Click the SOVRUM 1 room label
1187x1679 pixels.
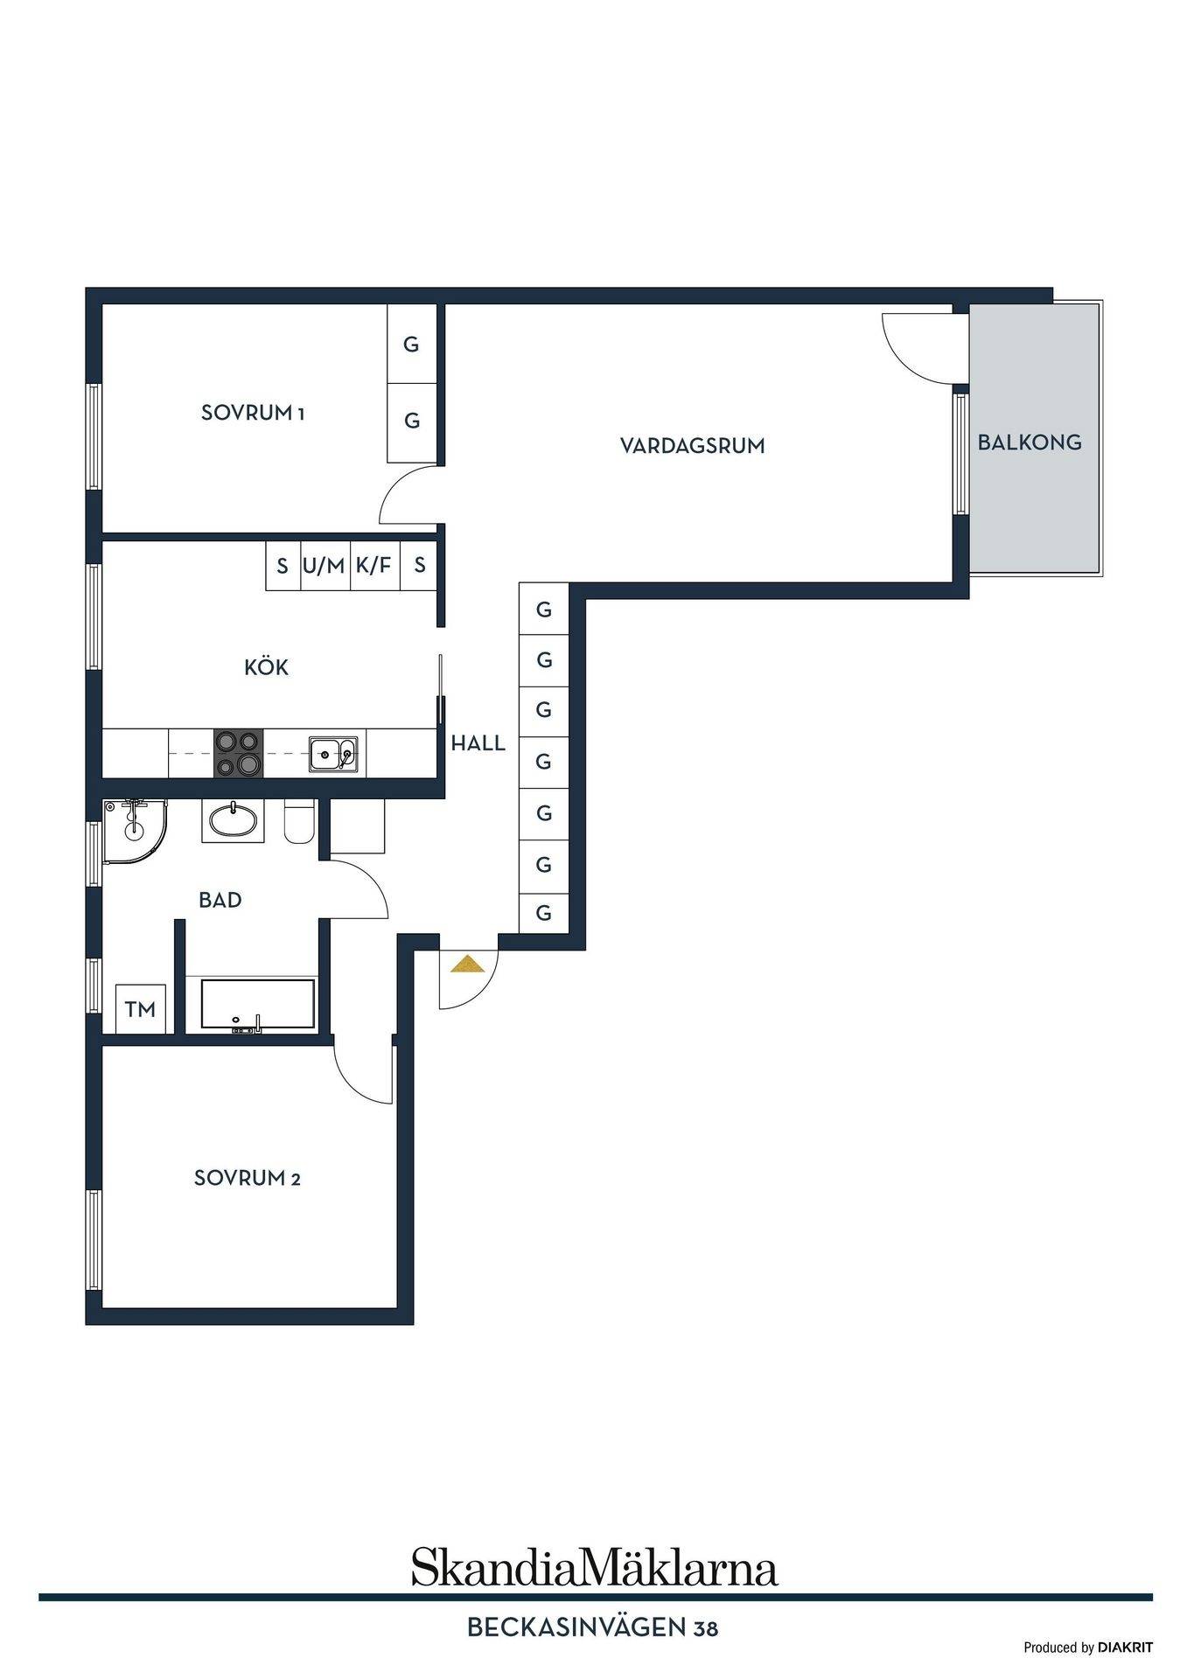tap(253, 413)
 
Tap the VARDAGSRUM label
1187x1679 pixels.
tap(693, 446)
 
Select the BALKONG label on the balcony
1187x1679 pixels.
tap(1030, 442)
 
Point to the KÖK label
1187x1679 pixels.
tap(266, 667)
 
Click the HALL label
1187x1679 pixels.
tap(478, 743)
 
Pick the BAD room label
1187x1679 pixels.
tap(220, 900)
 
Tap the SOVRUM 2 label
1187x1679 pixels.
tap(248, 1178)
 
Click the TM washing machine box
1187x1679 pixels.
tap(141, 1009)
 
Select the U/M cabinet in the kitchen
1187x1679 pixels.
tap(325, 566)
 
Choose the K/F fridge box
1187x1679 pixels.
tap(374, 566)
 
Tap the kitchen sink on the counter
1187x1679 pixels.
tap(333, 753)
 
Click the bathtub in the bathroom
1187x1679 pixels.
tap(257, 1006)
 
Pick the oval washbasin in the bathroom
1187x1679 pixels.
tap(233, 821)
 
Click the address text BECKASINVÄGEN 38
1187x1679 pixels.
tap(593, 1628)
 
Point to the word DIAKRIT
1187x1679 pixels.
tap(1126, 1648)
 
